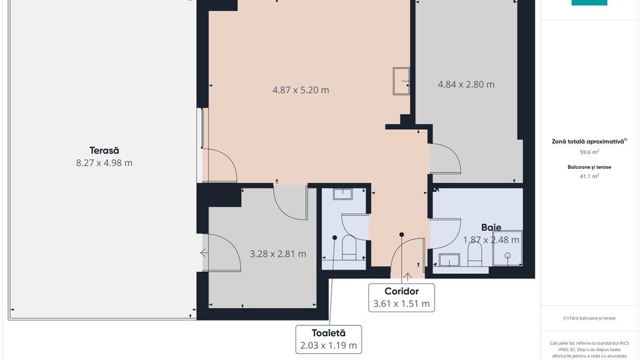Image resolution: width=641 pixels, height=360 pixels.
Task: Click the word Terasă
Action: [104, 150]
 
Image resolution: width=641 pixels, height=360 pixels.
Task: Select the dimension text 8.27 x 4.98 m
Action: [104, 163]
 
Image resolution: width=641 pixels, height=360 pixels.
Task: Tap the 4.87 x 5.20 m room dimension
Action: [301, 90]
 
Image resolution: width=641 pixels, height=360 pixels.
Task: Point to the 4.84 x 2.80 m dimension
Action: [466, 85]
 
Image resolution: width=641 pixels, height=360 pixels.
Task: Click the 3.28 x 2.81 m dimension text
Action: [277, 253]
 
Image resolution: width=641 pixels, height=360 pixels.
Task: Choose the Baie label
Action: [491, 227]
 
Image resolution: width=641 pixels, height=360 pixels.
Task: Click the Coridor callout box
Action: [401, 298]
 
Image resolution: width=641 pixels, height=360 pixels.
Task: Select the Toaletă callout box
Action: [329, 339]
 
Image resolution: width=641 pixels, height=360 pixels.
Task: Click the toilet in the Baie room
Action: [475, 253]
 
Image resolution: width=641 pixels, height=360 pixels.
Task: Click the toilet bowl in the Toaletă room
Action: [349, 247]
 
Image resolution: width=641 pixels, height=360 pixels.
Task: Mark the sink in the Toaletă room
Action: [343, 194]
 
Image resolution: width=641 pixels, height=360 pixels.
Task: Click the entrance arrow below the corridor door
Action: [407, 277]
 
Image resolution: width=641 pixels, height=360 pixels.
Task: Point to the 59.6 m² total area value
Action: [589, 152]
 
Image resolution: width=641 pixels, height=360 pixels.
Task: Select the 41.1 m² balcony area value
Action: [589, 176]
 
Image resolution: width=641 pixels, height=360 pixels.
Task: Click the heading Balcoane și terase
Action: [589, 166]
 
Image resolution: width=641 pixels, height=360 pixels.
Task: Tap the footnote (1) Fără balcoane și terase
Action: [589, 318]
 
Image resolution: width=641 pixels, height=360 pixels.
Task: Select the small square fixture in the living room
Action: [401, 81]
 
